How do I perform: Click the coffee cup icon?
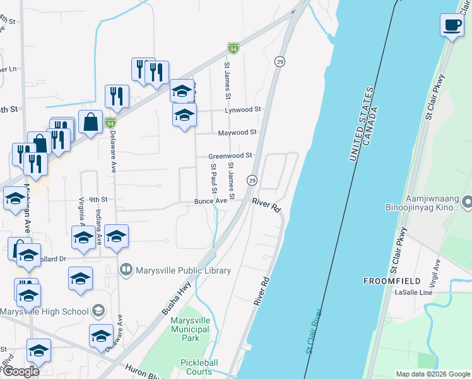pos(451,26)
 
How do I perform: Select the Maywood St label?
pos(237,133)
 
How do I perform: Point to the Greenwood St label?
pos(232,155)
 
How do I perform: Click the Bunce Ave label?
pos(210,201)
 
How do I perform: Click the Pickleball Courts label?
pos(199,367)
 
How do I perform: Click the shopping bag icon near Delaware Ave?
pos(91,122)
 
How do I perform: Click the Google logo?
pos(21,371)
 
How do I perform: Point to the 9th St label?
pos(99,199)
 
